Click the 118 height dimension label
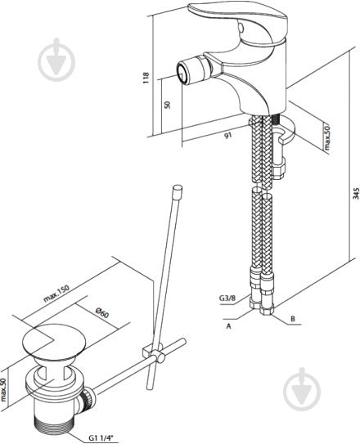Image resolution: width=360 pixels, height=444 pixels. tap(146, 78)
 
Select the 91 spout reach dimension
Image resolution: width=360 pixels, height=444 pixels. tap(228, 136)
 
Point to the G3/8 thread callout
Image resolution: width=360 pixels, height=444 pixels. tap(227, 298)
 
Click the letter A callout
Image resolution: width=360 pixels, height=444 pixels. tap(228, 326)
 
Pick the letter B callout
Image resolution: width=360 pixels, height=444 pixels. tap(293, 319)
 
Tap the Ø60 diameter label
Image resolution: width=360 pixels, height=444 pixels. tap(102, 313)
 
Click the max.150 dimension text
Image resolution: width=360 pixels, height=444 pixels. tap(56, 294)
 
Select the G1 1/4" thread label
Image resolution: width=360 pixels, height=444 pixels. tap(99, 437)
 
